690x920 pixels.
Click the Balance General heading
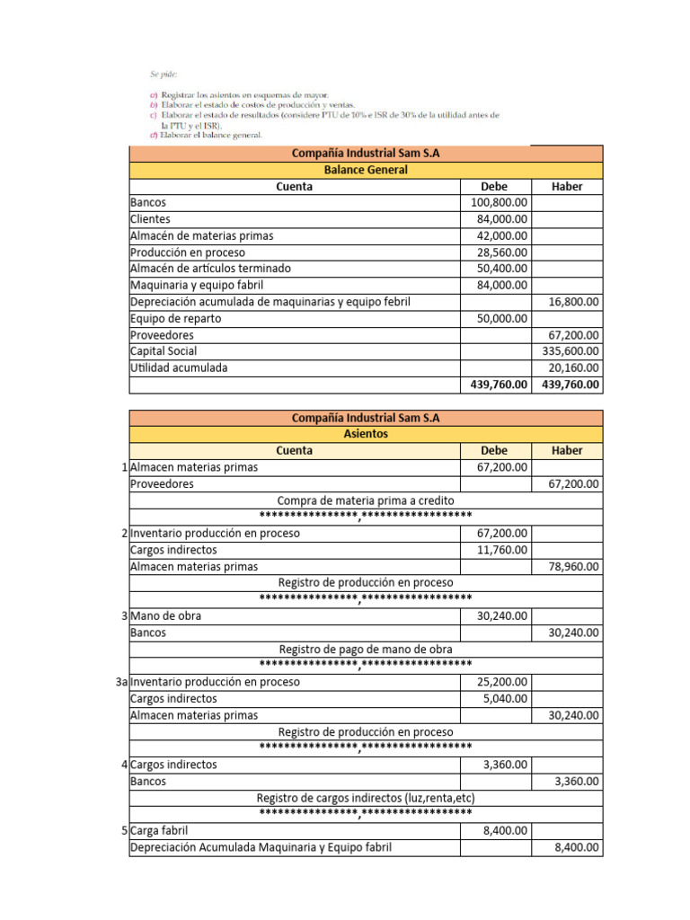365,170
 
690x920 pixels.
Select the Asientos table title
365,434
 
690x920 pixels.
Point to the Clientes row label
150,219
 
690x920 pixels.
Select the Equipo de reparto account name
175,318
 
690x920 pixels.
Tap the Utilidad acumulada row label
179,367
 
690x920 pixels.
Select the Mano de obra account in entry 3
166,615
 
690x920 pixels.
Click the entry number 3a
122,682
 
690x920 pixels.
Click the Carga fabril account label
160,830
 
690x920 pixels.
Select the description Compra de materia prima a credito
366,500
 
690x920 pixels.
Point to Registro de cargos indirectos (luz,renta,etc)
366,797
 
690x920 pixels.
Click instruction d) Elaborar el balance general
206,135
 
